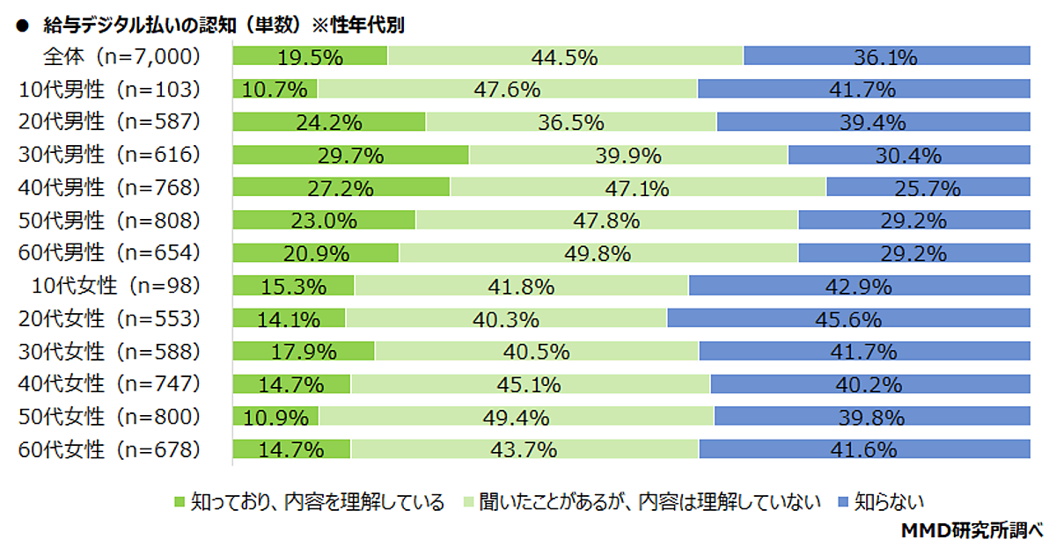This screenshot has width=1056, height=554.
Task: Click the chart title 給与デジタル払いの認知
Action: pyautogui.click(x=210, y=26)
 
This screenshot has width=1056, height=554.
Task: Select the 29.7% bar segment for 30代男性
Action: pyautogui.click(x=350, y=155)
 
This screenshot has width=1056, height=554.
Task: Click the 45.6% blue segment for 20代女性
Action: pyautogui.click(x=848, y=317)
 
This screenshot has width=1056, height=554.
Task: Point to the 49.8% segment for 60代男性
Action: pyautogui.click(x=598, y=253)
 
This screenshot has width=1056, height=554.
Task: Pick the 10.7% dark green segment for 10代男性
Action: pyautogui.click(x=275, y=89)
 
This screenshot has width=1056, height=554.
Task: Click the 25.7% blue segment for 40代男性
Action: pyautogui.click(x=928, y=187)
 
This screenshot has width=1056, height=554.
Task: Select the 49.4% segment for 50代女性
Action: pyautogui.click(x=517, y=416)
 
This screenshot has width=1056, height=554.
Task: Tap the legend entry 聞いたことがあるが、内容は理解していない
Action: pyautogui.click(x=642, y=503)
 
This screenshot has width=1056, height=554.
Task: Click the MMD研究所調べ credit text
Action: pyautogui.click(x=972, y=531)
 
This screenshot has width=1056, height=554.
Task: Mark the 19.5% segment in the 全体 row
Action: pyautogui.click(x=310, y=56)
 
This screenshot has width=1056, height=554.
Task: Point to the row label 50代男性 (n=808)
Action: pyautogui.click(x=110, y=220)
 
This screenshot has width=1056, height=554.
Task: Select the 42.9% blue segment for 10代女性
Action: pyautogui.click(x=859, y=285)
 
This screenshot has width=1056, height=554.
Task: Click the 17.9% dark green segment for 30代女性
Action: pyautogui.click(x=304, y=351)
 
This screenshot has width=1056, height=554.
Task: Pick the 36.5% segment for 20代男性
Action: pyautogui.click(x=571, y=121)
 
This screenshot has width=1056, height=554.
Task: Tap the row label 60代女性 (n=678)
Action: pyautogui.click(x=110, y=448)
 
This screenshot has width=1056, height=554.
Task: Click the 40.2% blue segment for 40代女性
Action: pyautogui.click(x=869, y=383)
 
